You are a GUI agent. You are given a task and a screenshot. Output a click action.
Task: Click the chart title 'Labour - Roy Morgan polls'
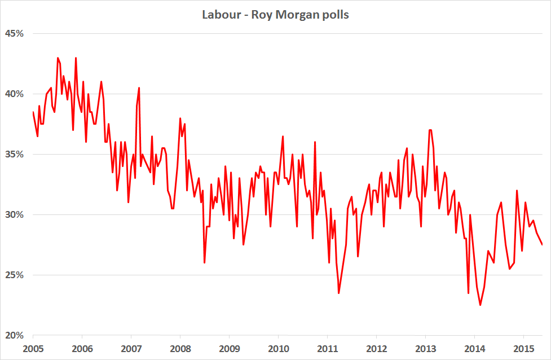tap(275, 15)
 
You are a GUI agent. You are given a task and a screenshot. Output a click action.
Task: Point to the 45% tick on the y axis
tap(15, 33)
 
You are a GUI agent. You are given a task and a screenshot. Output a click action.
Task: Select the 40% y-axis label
tap(15, 94)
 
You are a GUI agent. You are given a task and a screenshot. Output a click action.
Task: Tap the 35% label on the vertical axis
tap(15, 154)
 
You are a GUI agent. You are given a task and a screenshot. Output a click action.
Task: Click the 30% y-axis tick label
tap(15, 214)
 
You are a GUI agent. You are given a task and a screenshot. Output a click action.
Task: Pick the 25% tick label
tap(15, 275)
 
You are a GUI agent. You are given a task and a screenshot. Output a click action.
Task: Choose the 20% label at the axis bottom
tap(15, 335)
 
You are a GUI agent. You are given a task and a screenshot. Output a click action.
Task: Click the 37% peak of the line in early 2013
tap(430, 130)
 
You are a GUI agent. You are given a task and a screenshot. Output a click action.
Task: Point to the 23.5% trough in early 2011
tap(339, 293)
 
